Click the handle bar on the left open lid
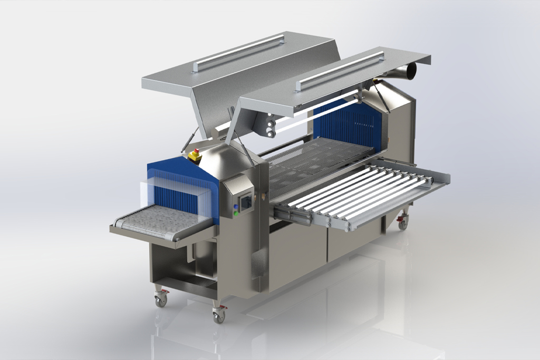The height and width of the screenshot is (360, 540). (x=239, y=52)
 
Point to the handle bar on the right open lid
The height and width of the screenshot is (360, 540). (x=342, y=68)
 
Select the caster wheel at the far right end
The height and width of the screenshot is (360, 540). (x=403, y=223)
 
